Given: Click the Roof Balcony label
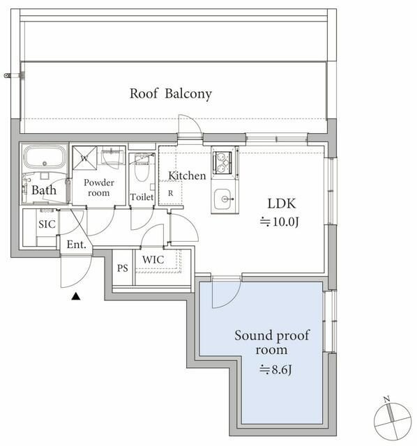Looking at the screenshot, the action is click(x=171, y=93).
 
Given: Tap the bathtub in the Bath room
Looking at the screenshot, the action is click(x=45, y=156).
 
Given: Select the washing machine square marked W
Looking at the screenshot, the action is click(x=84, y=158).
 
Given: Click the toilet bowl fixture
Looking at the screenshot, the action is click(x=142, y=168).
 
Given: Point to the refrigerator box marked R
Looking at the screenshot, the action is click(x=170, y=193).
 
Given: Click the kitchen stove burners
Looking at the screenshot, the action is click(x=222, y=162).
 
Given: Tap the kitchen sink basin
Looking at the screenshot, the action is click(x=222, y=199).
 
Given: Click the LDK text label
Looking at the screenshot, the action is click(x=282, y=203).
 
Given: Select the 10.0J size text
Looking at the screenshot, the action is click(x=279, y=222).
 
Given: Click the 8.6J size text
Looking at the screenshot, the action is click(x=275, y=369).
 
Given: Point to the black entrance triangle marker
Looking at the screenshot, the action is click(x=76, y=296).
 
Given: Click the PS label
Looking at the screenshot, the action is click(x=123, y=268).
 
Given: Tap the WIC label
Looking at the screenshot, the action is click(x=153, y=259).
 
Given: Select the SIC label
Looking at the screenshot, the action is click(x=47, y=224).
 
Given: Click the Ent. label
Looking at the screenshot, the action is click(x=76, y=245).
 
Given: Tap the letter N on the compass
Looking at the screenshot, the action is click(x=386, y=399).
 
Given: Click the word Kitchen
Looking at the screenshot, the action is click(x=187, y=176).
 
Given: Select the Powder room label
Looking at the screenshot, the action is click(x=99, y=187).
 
